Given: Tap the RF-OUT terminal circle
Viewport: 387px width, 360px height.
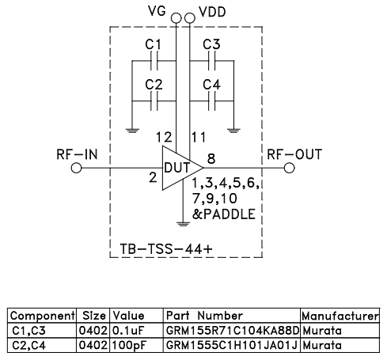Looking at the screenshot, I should click(288, 168).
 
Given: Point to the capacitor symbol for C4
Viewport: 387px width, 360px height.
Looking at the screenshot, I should click(211, 101).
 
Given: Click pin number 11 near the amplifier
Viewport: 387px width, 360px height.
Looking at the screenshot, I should click(201, 138).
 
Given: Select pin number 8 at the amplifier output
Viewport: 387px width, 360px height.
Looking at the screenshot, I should click(212, 158).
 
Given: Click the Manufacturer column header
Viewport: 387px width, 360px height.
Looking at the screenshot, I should click(340, 315).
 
